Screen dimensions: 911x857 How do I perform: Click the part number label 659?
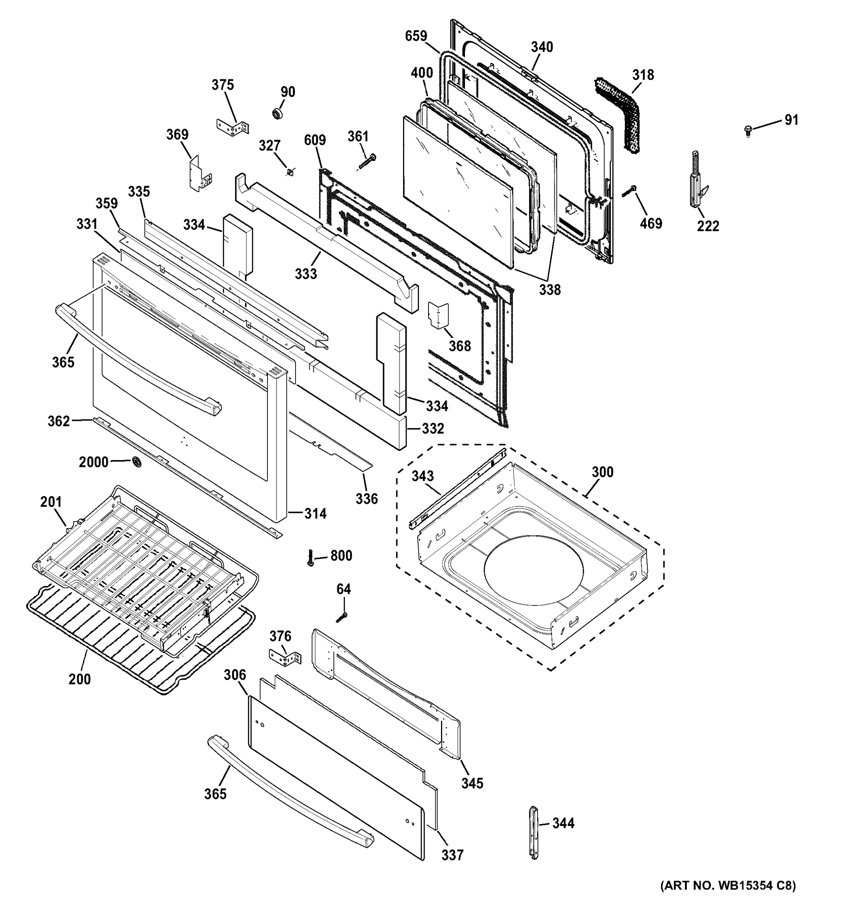click(416, 36)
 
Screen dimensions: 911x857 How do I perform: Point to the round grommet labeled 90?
click(278, 113)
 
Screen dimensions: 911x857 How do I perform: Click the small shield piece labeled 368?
click(438, 315)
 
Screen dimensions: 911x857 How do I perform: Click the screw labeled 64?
click(342, 617)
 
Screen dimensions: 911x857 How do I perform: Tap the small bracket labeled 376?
click(285, 659)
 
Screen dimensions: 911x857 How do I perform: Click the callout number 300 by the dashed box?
click(602, 471)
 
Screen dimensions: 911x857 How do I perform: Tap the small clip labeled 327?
click(290, 172)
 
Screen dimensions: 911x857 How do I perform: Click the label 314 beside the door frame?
click(315, 513)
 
